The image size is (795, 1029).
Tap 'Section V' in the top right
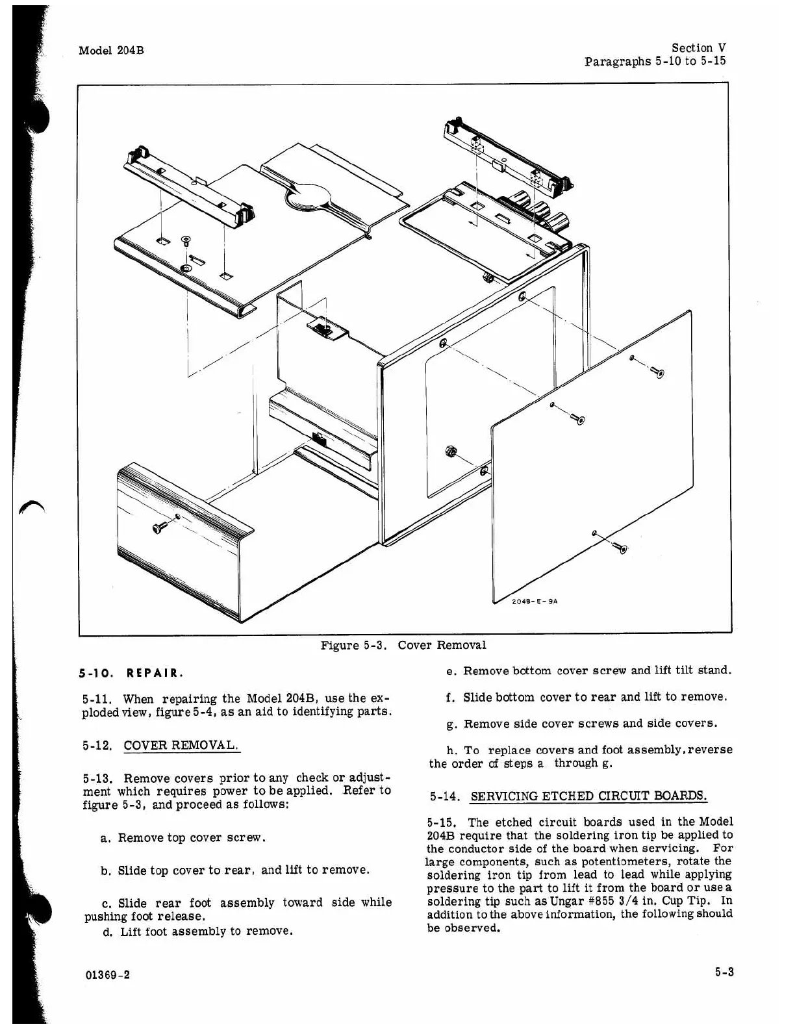pyautogui.click(x=698, y=47)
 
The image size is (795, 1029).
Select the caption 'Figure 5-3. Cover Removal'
pyautogui.click(x=403, y=645)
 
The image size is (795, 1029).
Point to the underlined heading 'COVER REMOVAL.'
pyautogui.click(x=181, y=745)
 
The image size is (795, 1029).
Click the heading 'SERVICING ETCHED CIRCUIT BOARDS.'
pyautogui.click(x=588, y=796)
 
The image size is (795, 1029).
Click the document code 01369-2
pyautogui.click(x=107, y=975)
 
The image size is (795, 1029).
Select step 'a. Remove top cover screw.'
pyautogui.click(x=184, y=838)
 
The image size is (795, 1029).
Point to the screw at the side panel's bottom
pyautogui.click(x=620, y=548)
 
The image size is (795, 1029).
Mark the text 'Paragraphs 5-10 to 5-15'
pyautogui.click(x=655, y=62)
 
